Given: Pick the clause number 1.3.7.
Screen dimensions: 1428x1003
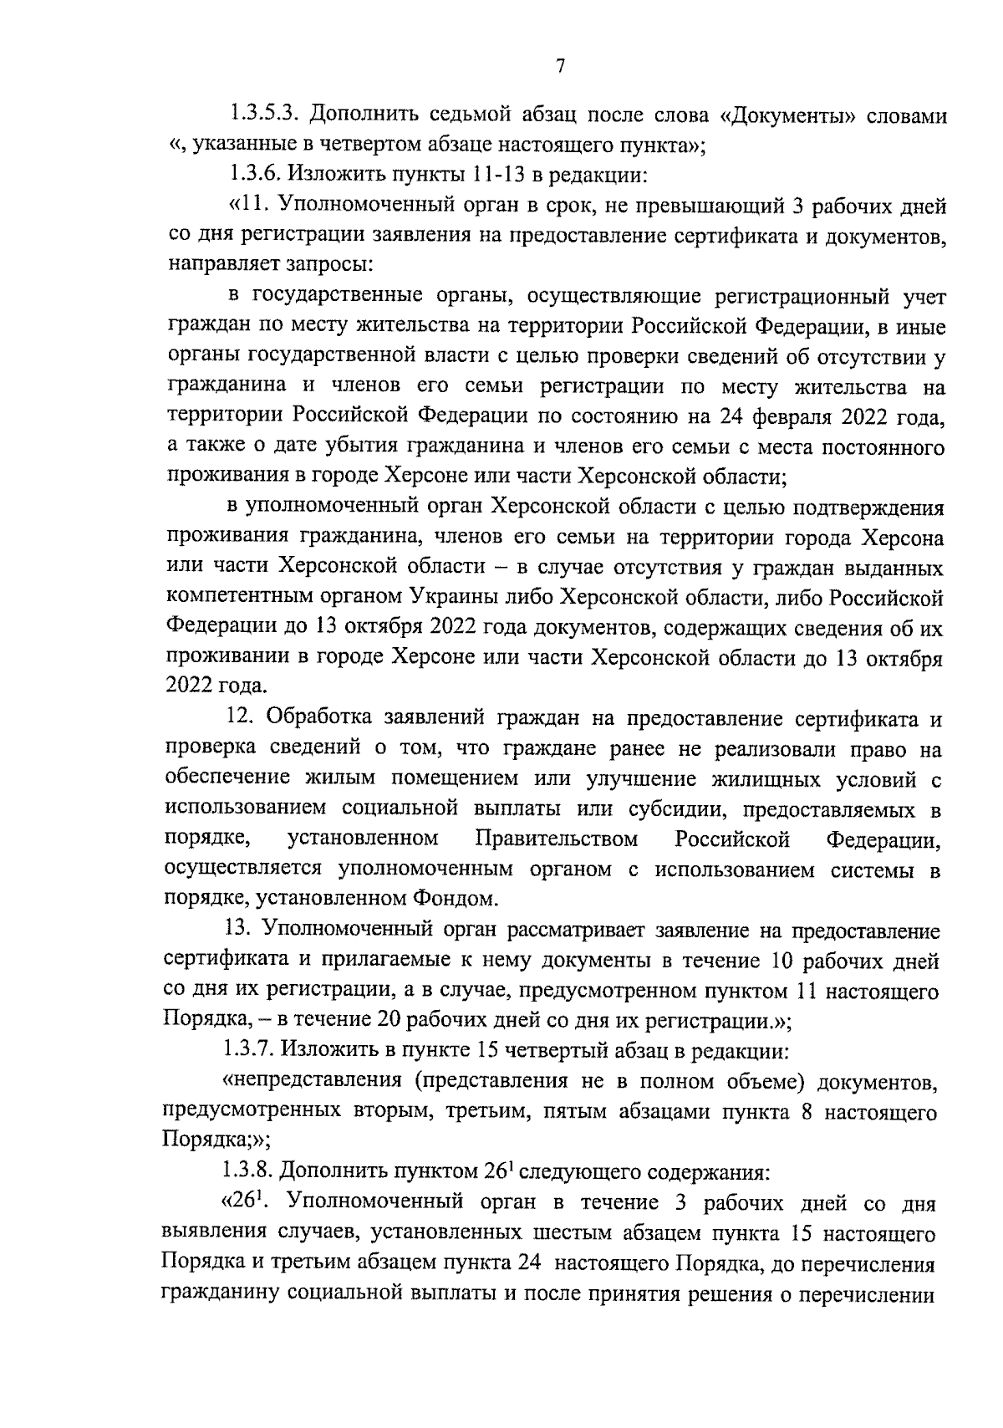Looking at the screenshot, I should tap(254, 1050).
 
